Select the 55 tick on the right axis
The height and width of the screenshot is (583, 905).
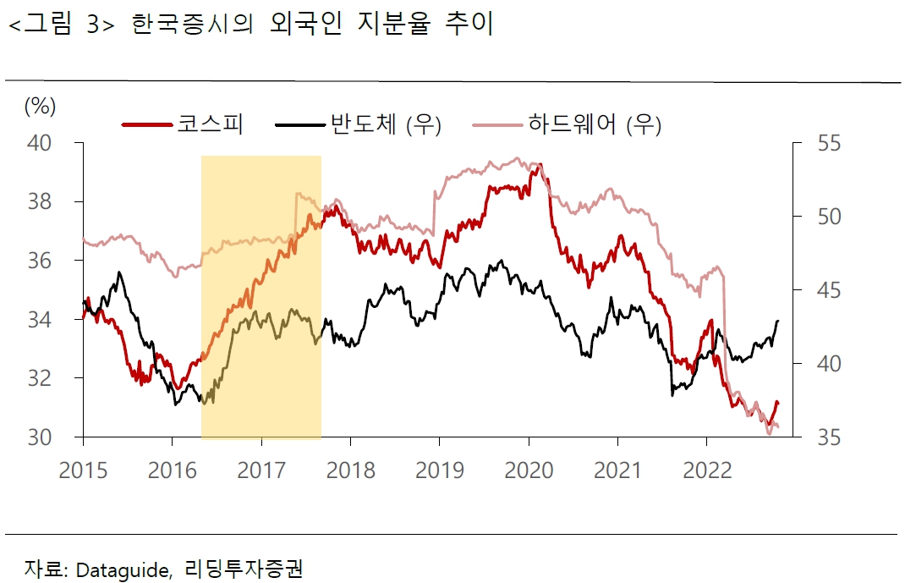click(x=818, y=143)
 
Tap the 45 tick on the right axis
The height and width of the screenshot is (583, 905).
click(x=818, y=290)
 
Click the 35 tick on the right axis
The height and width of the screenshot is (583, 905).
click(x=818, y=437)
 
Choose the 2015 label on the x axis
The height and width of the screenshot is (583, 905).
click(x=83, y=470)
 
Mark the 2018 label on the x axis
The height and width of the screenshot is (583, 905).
click(x=350, y=470)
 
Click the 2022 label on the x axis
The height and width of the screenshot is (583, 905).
click(x=707, y=470)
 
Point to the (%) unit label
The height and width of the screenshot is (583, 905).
click(x=40, y=106)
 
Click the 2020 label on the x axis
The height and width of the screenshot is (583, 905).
click(x=529, y=470)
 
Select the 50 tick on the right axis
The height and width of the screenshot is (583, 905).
click(x=818, y=217)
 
